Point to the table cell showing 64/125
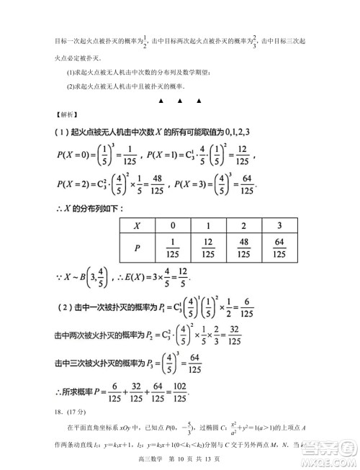tap(277, 248)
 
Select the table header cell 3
tap(277, 225)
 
